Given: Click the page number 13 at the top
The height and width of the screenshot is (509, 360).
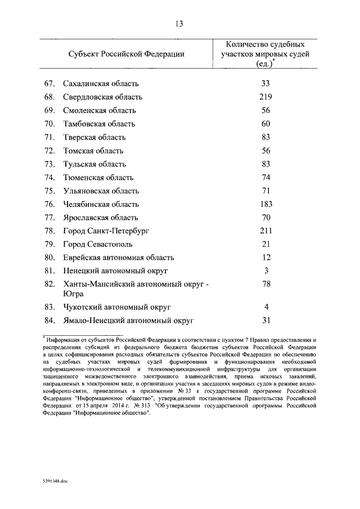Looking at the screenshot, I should pos(179,24).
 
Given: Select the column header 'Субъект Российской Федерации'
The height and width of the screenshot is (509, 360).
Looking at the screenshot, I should pos(127,54).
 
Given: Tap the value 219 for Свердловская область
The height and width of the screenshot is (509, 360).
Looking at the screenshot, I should pos(266,97).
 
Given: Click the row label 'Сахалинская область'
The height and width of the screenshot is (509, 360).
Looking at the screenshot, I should pos(101,84).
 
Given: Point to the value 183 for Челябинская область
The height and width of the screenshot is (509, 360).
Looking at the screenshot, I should pos(266,204).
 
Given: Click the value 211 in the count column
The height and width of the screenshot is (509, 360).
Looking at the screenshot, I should pos(266,231).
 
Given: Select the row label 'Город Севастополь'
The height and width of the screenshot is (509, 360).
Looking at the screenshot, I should pos(98,244).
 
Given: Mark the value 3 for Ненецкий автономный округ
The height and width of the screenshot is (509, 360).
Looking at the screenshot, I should pos(266,271).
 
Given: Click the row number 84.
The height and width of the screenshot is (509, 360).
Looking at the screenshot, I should pos(49,321).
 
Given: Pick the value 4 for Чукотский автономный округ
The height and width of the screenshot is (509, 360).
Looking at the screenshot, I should pos(266,307).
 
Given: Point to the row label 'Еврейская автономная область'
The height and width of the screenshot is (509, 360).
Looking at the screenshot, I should pos(119,258).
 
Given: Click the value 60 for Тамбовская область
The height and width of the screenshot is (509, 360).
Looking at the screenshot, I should pos(266,124).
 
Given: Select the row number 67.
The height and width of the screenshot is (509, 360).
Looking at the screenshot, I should pos(49,84).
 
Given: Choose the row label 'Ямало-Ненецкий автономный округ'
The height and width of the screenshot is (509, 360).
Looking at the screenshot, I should pos(128,321).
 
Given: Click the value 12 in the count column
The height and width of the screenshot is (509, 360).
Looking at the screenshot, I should pos(266,258).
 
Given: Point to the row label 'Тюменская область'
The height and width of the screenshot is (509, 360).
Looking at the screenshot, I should pos(98,178).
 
